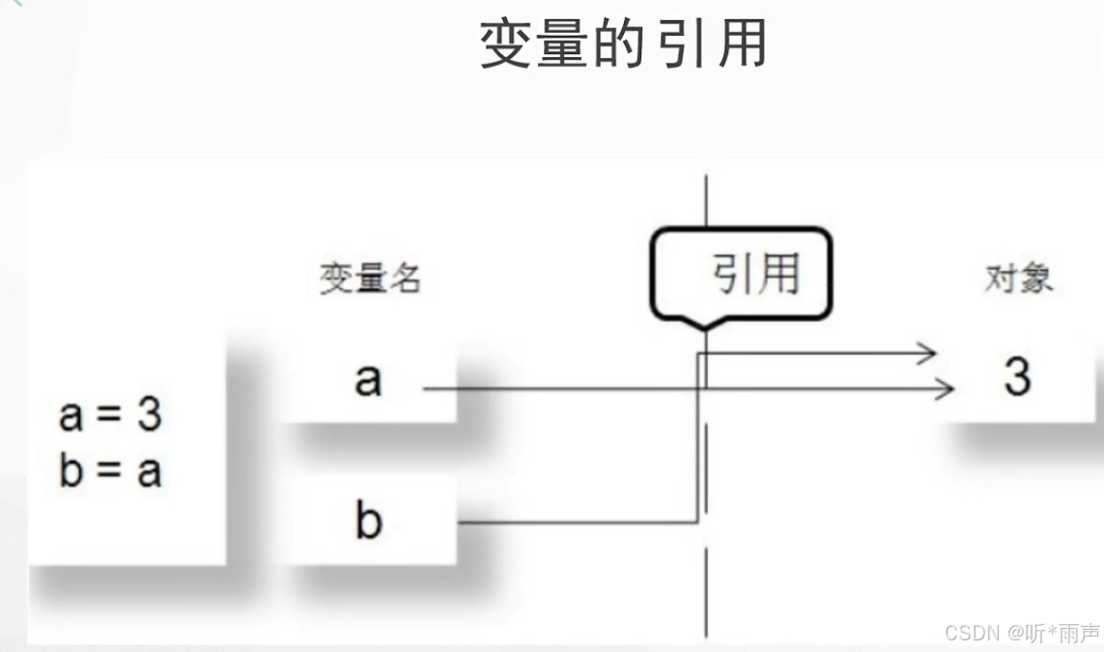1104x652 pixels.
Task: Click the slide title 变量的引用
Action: [x=623, y=43]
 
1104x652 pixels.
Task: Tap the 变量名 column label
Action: [x=370, y=279]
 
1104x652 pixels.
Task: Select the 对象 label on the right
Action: [x=1018, y=279]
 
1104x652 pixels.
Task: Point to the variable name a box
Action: [x=367, y=380]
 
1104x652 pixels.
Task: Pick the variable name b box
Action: [x=368, y=521]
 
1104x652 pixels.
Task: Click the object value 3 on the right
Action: [x=1017, y=377]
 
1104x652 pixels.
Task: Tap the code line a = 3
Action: [x=110, y=416]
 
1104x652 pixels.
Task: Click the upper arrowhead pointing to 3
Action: [x=929, y=354]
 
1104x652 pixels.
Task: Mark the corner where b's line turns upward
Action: [x=697, y=523]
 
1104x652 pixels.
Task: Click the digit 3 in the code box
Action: [x=149, y=416]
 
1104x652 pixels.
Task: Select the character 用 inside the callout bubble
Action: [x=778, y=273]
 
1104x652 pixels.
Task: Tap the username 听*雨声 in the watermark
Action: [x=1063, y=633]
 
